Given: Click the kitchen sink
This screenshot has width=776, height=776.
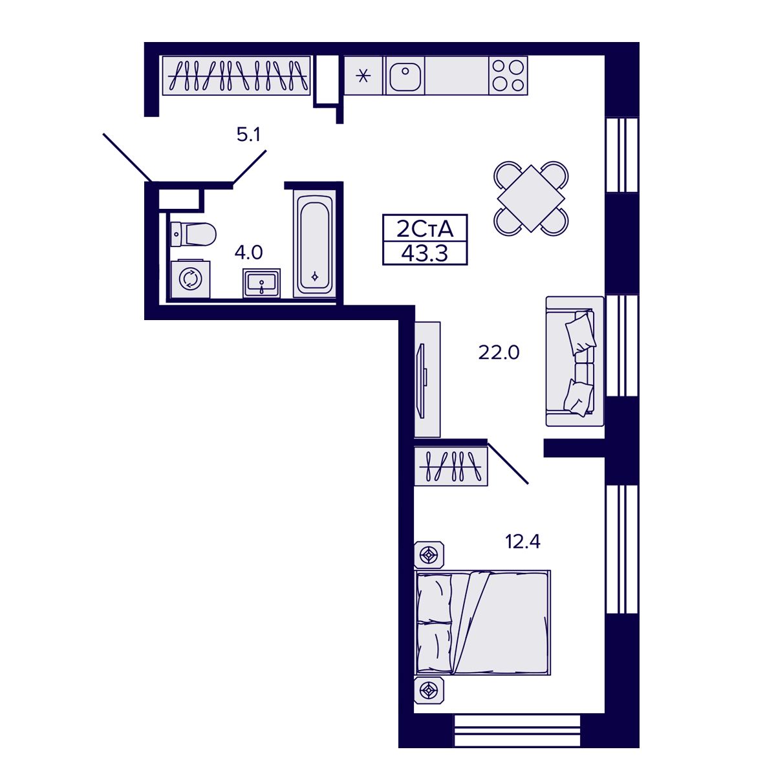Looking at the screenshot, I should (x=405, y=76).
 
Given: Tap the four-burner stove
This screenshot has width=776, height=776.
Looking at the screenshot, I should (x=508, y=75).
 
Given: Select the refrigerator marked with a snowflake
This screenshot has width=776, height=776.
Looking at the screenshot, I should (x=363, y=76).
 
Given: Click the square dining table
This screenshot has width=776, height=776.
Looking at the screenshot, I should (x=530, y=198).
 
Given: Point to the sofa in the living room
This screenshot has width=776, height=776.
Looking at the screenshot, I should (x=575, y=361).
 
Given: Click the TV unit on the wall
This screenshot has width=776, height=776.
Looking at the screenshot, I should (x=427, y=379).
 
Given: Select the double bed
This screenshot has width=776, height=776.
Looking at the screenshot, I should (x=483, y=622).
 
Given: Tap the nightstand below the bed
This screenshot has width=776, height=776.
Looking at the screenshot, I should (x=429, y=691).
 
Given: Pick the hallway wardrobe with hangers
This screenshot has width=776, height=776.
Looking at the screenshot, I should (x=236, y=76).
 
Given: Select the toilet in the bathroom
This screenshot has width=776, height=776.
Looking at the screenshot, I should (x=192, y=234).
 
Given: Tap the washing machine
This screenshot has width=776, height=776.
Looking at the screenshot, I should (x=190, y=279).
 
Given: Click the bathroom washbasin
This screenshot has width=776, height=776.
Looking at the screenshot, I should (x=262, y=283).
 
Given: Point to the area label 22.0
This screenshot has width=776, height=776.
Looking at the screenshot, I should (x=499, y=353).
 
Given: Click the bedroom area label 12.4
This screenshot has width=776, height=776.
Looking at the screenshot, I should (x=523, y=541).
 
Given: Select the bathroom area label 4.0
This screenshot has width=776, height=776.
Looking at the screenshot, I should (x=248, y=252).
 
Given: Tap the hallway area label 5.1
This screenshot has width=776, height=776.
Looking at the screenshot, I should (x=248, y=135).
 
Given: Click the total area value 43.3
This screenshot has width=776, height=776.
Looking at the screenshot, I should (x=424, y=253).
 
